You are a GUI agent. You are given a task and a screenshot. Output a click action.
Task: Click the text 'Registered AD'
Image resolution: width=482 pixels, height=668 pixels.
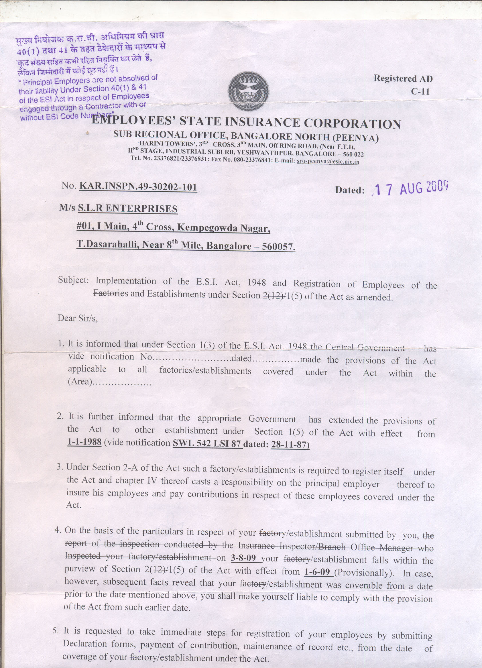(403, 78)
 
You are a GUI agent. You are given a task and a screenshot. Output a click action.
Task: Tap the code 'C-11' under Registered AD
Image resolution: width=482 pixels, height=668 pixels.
(420, 91)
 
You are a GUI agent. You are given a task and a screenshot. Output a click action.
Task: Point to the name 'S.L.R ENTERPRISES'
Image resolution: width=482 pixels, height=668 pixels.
(127, 208)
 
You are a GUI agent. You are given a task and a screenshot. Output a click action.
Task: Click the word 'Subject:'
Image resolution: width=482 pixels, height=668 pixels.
(73, 280)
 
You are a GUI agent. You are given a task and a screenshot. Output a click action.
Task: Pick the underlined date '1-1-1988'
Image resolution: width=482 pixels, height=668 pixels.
(84, 442)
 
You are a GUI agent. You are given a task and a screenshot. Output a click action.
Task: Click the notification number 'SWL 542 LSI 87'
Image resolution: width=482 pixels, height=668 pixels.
(207, 443)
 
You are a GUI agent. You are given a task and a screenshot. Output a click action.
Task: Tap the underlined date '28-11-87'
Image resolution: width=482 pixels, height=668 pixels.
(290, 444)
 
